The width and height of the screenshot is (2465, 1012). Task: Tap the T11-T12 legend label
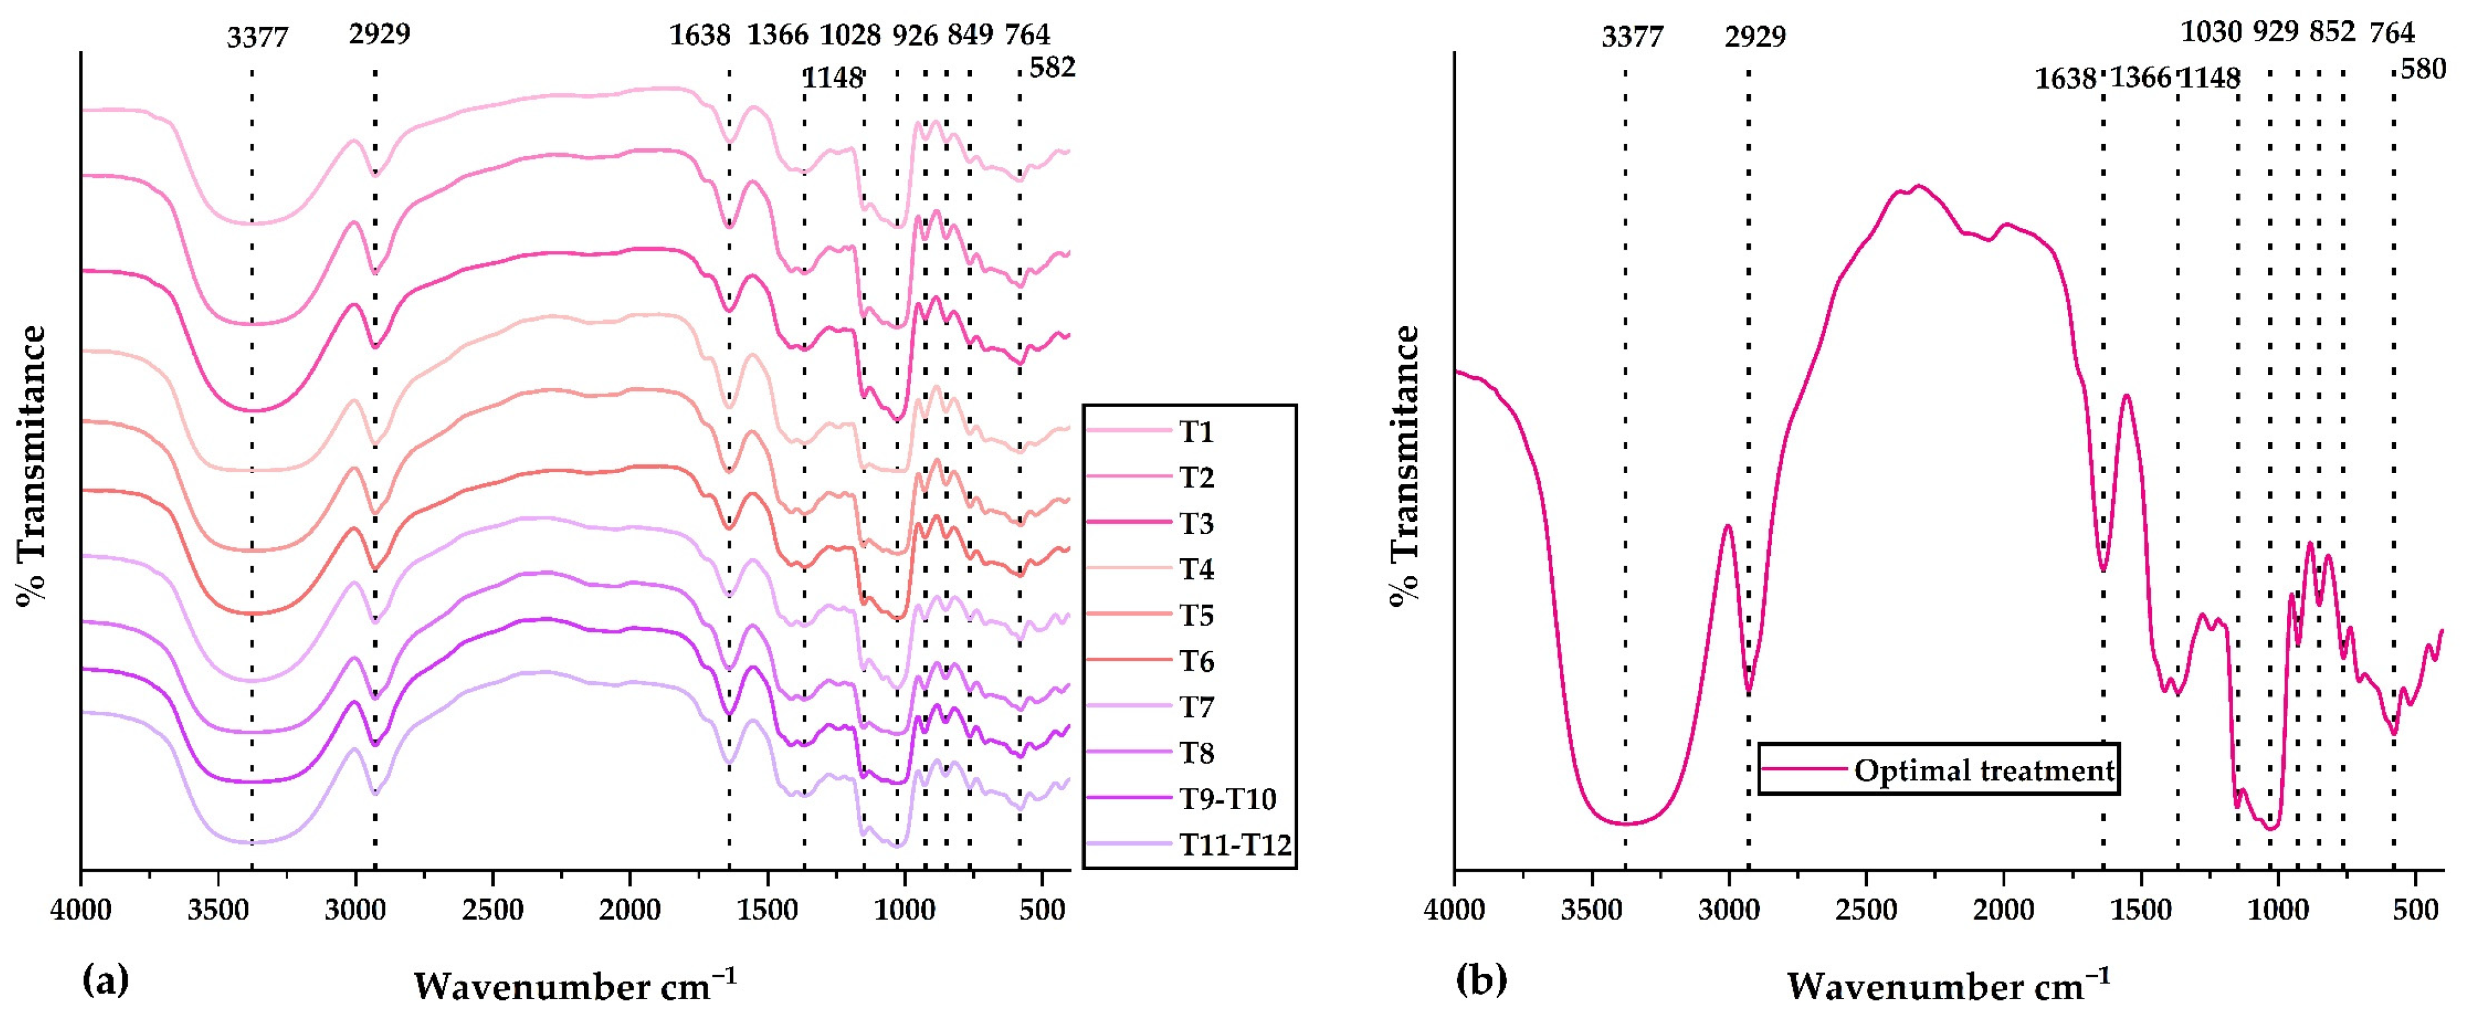click(x=1235, y=844)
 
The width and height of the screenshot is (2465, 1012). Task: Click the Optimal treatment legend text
click(x=1984, y=770)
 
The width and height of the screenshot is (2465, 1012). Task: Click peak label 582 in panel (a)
click(x=1053, y=68)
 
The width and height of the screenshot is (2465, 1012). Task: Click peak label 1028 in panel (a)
click(x=850, y=35)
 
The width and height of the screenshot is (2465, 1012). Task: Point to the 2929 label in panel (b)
click(x=1755, y=37)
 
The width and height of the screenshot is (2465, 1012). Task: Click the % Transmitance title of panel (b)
click(x=1405, y=465)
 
